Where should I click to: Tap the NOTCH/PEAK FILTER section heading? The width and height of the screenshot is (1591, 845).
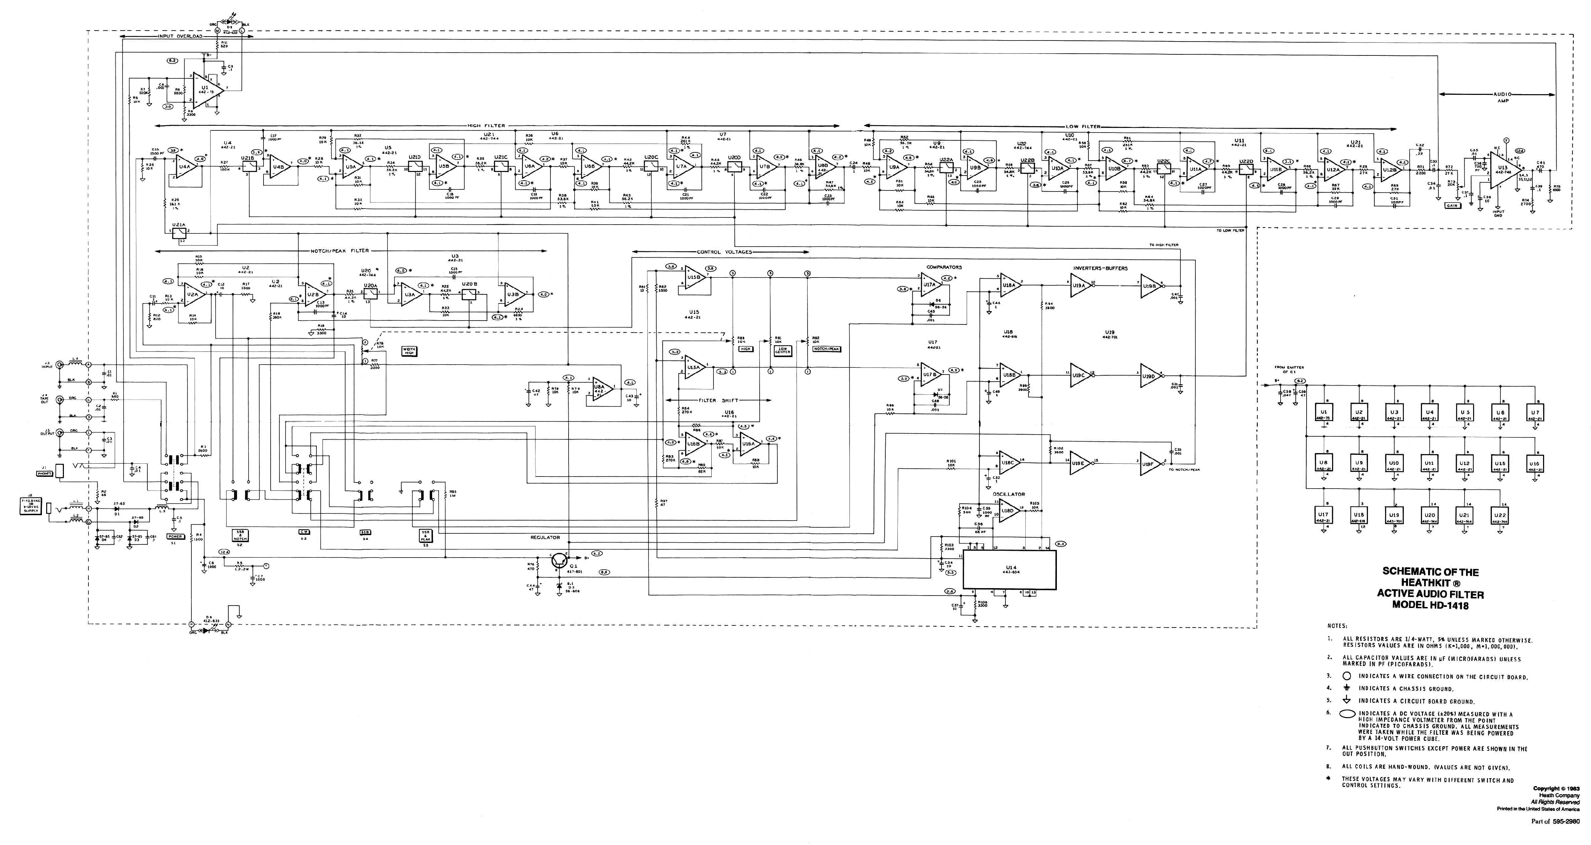(340, 251)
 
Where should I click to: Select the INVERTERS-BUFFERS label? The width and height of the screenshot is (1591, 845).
(1100, 268)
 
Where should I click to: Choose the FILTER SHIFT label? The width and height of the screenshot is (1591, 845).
(719, 400)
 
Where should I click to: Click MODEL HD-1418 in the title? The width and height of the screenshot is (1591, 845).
(1430, 606)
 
